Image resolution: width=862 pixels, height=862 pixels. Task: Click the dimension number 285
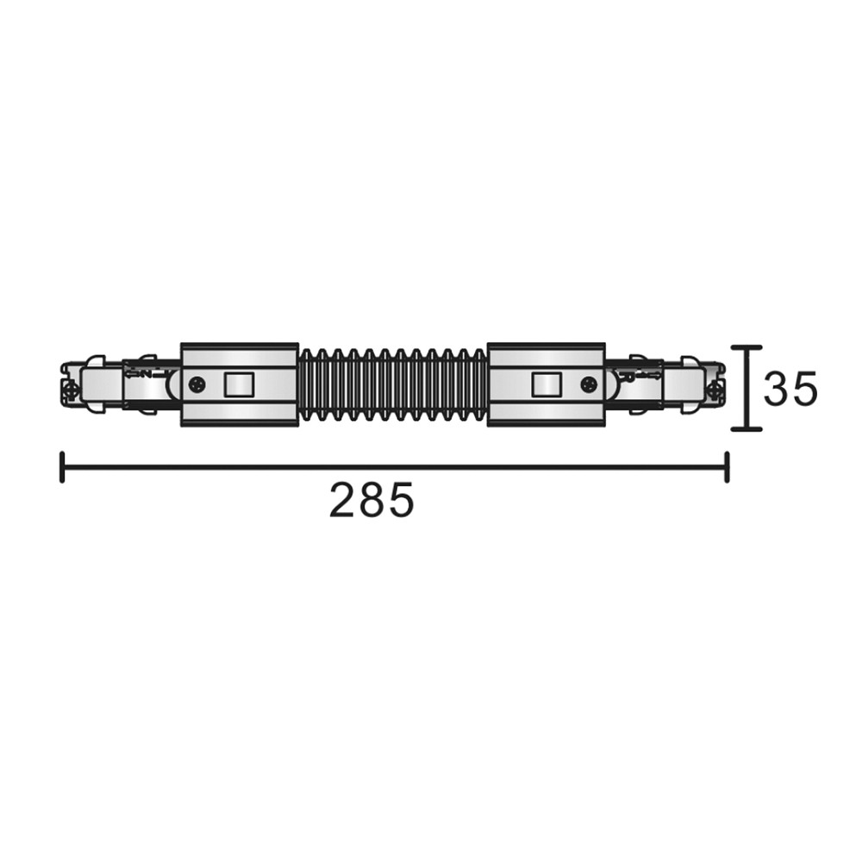coord(371,500)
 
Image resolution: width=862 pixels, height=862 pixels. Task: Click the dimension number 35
coord(791,389)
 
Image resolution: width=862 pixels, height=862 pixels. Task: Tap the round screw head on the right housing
coord(590,384)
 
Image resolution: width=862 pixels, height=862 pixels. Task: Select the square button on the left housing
coord(239,384)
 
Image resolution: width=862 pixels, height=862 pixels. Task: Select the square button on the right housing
coord(547,384)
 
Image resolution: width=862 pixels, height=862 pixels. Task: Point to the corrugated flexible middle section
coord(393,385)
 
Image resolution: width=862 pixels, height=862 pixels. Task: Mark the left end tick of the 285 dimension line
coord(63,467)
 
